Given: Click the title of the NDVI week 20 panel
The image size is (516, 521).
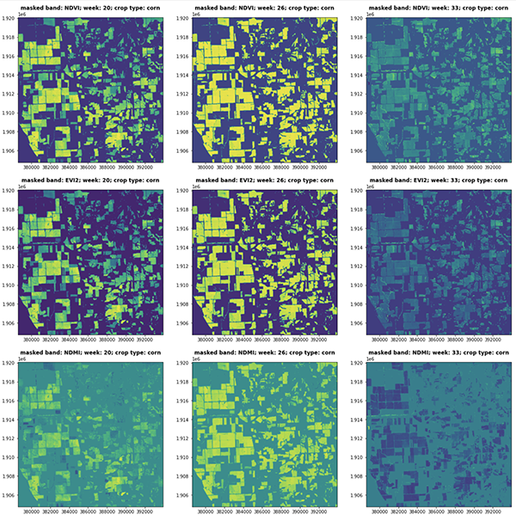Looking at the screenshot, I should click(90, 8).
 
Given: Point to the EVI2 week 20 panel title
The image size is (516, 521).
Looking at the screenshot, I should click(90, 182).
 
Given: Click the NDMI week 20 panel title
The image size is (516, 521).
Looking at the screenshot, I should click(90, 355).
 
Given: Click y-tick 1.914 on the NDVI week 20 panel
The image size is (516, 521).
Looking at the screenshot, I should click(9, 76).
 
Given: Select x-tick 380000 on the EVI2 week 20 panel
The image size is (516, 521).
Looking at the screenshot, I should click(35, 341).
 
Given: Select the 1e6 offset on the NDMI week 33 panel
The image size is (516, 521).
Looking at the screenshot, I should click(372, 361).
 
